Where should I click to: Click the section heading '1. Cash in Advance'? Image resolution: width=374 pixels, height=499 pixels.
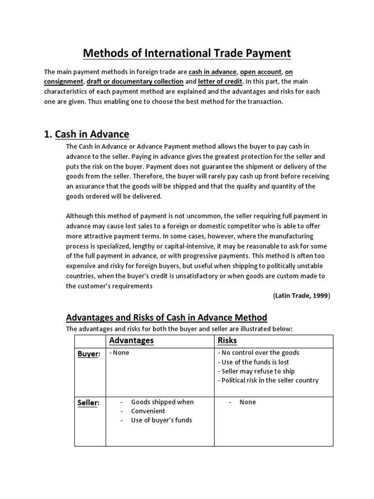(87, 134)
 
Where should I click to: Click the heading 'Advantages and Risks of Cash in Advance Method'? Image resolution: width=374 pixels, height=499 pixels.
(167, 317)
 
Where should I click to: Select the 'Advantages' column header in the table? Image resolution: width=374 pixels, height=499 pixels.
(131, 340)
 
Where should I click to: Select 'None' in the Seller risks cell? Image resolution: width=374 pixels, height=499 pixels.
(247, 402)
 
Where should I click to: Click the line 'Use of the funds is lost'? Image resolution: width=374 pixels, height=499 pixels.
(255, 362)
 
